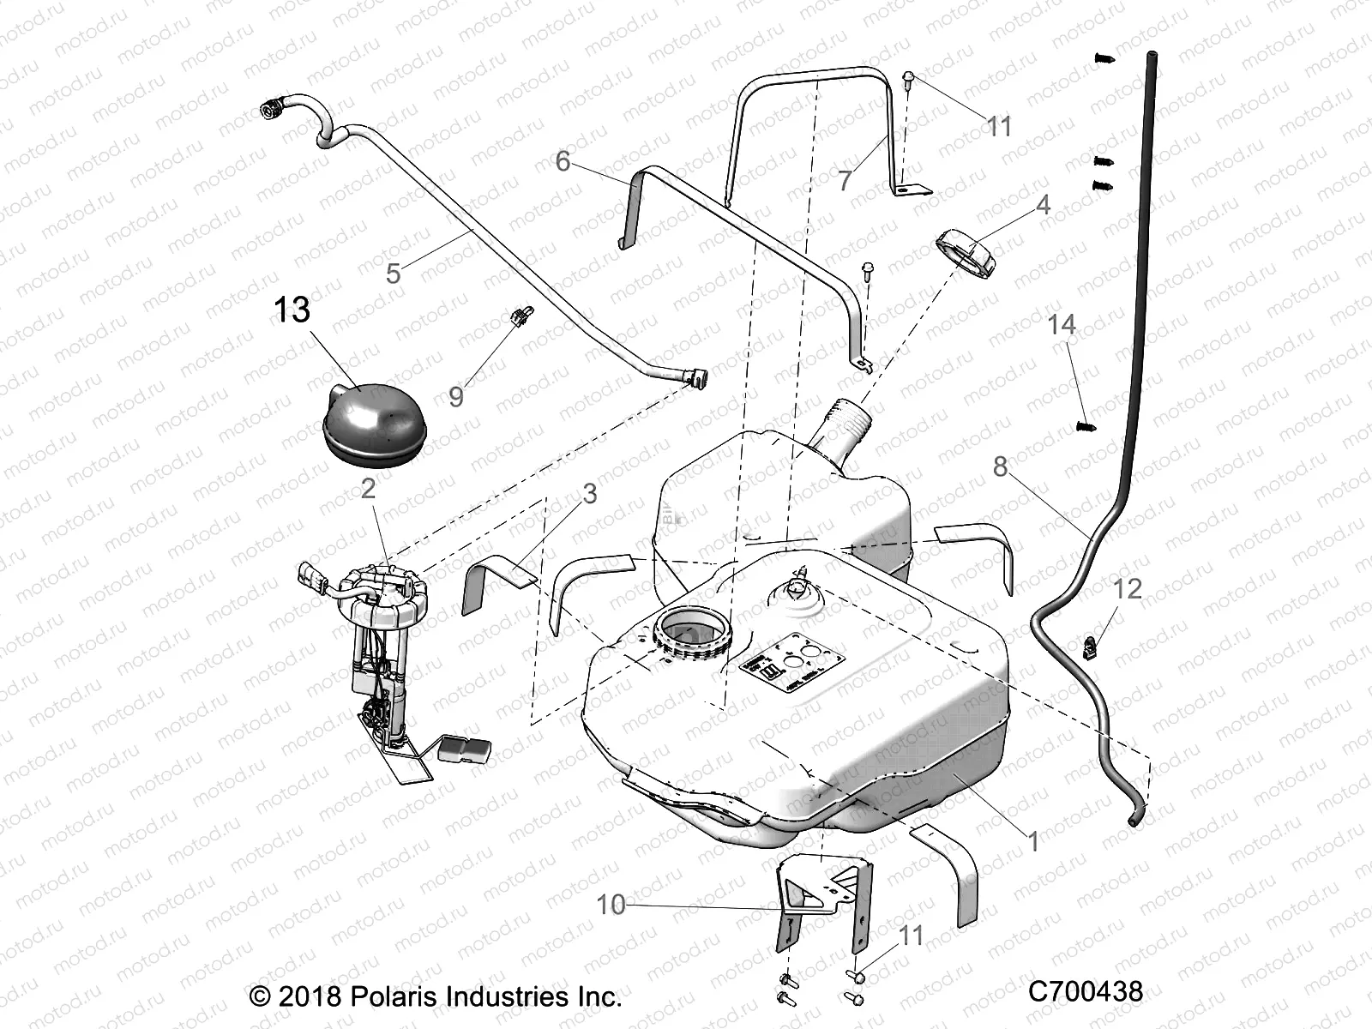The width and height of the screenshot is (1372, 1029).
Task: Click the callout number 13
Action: pos(292,310)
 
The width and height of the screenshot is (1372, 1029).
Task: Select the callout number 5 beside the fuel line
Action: pos(394,274)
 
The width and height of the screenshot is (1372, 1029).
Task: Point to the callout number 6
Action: pos(563,161)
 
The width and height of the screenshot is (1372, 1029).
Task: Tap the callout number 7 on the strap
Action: pos(845,181)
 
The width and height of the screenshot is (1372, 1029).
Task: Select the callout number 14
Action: pos(1062,325)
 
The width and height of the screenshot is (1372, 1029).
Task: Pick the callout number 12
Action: pos(1128,589)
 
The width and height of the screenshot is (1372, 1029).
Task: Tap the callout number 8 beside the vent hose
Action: pos(1001,466)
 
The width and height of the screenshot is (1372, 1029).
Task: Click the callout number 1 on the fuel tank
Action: pos(1033,842)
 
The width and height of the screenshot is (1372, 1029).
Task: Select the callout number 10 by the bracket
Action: pos(611,905)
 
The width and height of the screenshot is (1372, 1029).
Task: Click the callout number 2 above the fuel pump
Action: pos(368,489)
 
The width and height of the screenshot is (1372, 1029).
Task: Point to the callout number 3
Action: pos(589,494)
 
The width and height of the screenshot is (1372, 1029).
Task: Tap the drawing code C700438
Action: pos(1086,992)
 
